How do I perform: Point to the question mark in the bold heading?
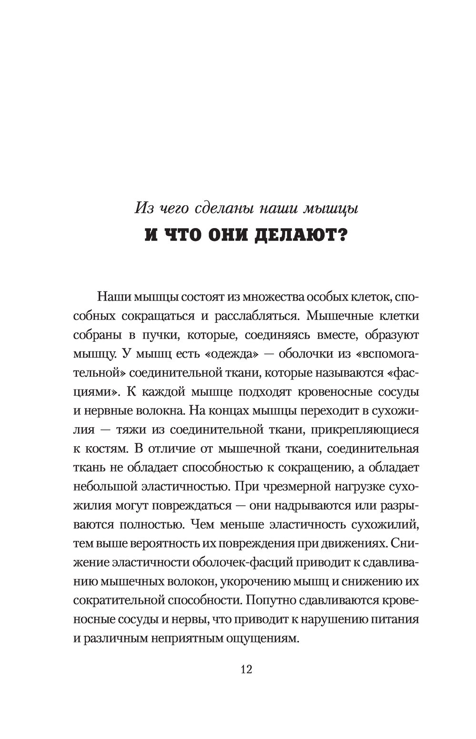pyautogui.click(x=339, y=235)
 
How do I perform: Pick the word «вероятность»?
pyautogui.click(x=198, y=543)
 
